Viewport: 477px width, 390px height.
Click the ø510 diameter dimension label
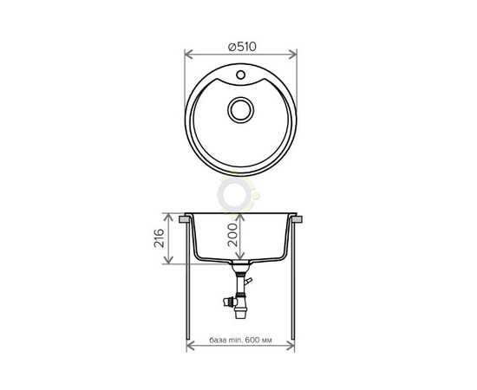tap(242, 47)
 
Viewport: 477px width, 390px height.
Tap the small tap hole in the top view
tap(240, 75)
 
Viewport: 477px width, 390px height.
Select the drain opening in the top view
tap(240, 110)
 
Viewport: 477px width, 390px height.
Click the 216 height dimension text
tap(159, 238)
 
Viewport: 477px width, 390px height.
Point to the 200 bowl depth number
tap(232, 235)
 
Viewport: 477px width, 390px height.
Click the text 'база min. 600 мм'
tap(240, 340)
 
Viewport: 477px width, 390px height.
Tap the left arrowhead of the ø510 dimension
tap(189, 55)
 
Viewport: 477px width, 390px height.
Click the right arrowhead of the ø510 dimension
tap(292, 55)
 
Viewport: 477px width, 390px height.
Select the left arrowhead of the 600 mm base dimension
tap(191, 346)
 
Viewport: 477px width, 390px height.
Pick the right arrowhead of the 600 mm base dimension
tap(290, 346)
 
